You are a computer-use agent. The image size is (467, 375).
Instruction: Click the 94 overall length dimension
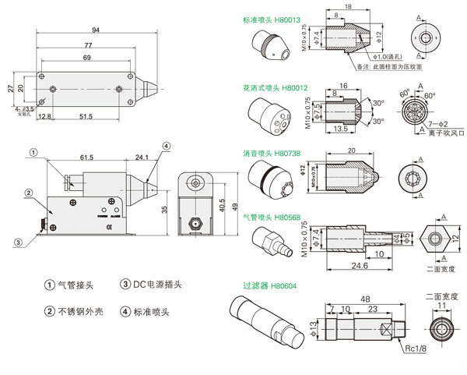(x=95, y=30)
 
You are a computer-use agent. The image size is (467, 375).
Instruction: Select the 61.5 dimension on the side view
(x=86, y=157)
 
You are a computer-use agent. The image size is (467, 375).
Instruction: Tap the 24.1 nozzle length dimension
(x=140, y=157)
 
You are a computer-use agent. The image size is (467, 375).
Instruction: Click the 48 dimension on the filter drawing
(x=364, y=298)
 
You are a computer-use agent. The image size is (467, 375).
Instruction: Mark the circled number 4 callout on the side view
(x=166, y=145)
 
